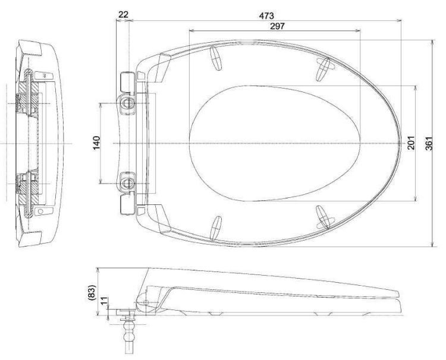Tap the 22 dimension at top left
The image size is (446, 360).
pos(124,13)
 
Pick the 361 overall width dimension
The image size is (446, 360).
pos(436,143)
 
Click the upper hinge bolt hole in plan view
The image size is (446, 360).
pos(128,103)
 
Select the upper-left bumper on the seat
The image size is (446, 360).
pos(216,59)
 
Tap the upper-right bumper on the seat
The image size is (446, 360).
pos(322,68)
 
